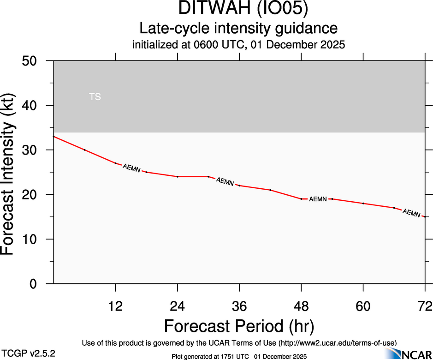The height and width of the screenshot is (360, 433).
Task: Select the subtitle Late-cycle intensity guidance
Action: tap(238, 29)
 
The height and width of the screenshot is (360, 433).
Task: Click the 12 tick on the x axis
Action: tap(115, 306)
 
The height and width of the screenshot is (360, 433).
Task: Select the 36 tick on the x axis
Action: tap(239, 306)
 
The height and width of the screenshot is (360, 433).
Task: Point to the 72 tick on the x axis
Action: tap(425, 306)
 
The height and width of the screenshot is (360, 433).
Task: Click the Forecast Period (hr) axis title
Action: tap(239, 326)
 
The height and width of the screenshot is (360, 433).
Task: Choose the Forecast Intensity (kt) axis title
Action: tap(12, 172)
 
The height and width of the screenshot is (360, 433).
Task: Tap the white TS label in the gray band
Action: tap(95, 97)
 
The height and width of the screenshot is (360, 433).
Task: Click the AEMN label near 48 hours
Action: tap(318, 199)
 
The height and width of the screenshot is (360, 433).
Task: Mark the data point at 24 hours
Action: tap(178, 177)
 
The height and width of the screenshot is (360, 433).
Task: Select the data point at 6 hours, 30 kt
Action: tap(84, 150)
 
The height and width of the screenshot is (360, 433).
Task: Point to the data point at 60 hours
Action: tap(363, 204)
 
